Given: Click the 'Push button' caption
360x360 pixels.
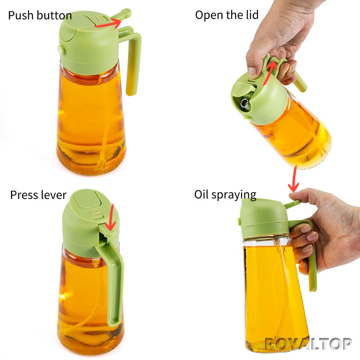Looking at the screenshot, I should coord(40,16).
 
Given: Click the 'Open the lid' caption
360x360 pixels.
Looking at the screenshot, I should coord(226,15).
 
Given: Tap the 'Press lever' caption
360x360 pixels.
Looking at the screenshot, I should coord(38,195).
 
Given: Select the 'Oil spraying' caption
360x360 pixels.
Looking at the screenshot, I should coord(225,194).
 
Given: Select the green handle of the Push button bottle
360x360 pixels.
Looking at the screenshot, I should coord(134,63).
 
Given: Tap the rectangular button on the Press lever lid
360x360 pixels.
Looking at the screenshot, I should coord(95,213).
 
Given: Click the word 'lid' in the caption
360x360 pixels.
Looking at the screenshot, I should coord(250,15).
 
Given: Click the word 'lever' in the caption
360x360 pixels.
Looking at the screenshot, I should coord(53,195).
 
